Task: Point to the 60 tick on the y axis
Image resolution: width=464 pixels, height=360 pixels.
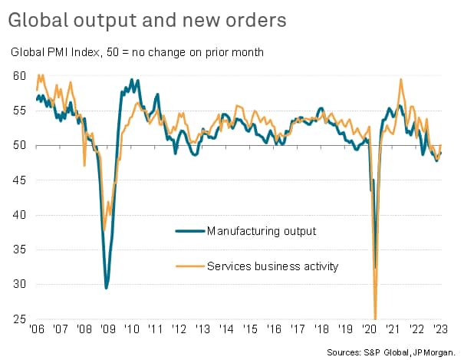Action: tap(20, 76)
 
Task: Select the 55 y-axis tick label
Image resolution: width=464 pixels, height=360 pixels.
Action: tap(20, 111)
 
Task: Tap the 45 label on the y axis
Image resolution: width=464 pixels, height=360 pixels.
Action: tap(20, 180)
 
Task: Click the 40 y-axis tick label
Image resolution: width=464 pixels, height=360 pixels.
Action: tap(20, 214)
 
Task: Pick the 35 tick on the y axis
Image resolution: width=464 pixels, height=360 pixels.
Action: tap(20, 249)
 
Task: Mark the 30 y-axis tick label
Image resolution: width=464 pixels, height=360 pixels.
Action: tap(20, 284)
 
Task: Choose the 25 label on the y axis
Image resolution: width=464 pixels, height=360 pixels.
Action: tap(20, 319)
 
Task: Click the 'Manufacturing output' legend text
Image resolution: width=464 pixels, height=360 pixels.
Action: tap(262, 230)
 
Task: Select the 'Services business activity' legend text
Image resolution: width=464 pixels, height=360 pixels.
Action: tap(274, 266)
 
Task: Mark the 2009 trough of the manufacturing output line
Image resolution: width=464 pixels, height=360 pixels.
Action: tap(107, 288)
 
